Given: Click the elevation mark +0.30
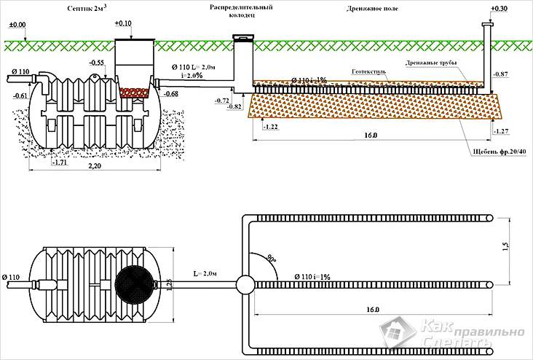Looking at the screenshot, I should pyautogui.click(x=500, y=9).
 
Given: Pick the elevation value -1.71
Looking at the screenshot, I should pyautogui.click(x=63, y=163).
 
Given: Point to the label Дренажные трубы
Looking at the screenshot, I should pyautogui.click(x=432, y=64).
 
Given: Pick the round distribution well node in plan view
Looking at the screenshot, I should pyautogui.click(x=244, y=284).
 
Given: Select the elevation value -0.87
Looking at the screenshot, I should pyautogui.click(x=500, y=74).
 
